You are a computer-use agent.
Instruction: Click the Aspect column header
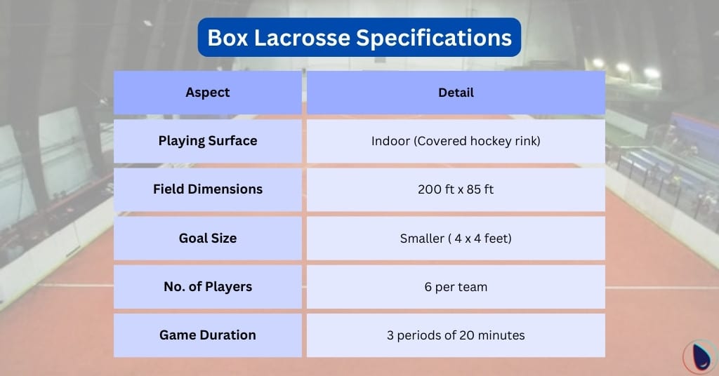pos(208,92)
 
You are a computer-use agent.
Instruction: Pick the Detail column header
pos(456,92)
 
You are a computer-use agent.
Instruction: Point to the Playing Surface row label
pos(208,140)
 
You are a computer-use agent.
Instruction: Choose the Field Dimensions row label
pos(208,189)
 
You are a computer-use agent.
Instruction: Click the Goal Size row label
pos(208,238)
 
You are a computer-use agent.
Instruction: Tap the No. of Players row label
pos(208,286)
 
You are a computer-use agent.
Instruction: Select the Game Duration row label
pos(208,335)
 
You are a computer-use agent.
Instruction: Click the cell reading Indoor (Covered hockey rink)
pos(456,141)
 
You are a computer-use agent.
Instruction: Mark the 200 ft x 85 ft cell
pos(456,189)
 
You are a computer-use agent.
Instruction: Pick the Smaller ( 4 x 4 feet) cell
pos(456,239)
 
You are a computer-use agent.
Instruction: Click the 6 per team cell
pos(456,287)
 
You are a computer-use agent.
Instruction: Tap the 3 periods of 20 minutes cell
pos(456,335)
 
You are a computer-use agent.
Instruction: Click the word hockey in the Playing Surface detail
pos(488,141)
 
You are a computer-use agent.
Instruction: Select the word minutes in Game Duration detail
pos(501,335)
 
